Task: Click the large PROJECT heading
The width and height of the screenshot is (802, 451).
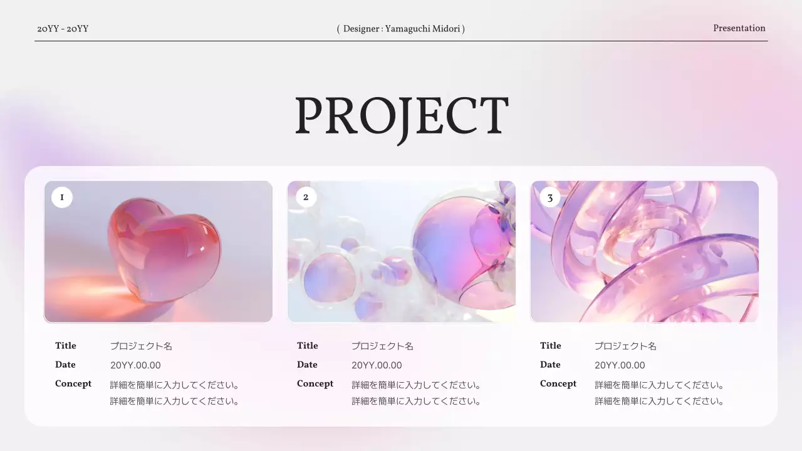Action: tap(401, 117)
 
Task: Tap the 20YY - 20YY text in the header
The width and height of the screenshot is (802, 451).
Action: tap(63, 29)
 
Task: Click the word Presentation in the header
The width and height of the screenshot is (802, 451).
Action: tap(739, 28)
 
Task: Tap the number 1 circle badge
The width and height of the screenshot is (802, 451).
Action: tap(62, 198)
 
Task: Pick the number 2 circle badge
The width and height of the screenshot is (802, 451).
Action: tap(306, 198)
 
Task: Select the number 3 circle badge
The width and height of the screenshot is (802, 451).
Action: tap(550, 198)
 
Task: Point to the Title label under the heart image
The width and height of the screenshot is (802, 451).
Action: tap(66, 346)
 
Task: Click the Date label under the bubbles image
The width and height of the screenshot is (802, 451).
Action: tap(307, 365)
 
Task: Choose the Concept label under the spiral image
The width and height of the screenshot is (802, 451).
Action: tap(558, 383)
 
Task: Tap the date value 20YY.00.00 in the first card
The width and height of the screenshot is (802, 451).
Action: tap(135, 365)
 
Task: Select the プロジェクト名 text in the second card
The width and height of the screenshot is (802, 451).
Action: tap(382, 346)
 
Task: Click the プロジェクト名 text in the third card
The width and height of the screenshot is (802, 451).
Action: tap(625, 346)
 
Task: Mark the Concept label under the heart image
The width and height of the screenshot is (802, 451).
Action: tap(73, 383)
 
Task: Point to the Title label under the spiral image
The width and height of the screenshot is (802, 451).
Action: tap(551, 346)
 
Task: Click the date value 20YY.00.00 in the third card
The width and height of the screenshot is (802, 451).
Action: tap(620, 365)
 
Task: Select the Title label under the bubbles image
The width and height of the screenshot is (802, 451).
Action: tap(308, 346)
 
